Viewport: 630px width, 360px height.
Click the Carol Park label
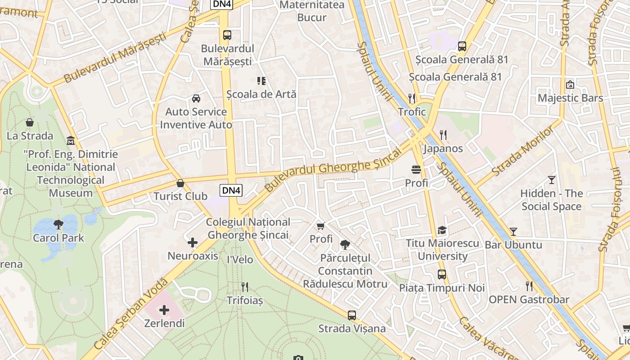point(58,238)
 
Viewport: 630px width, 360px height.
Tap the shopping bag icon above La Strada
point(30,122)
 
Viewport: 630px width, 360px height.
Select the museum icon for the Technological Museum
point(71,141)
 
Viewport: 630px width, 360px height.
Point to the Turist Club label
point(180,196)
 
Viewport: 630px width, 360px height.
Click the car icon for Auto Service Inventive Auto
point(196,99)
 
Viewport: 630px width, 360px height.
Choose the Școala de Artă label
point(261,94)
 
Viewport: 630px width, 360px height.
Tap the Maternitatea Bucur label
point(312,11)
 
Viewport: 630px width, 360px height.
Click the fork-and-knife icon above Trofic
point(412,98)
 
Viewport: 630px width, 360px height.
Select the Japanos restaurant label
point(443,148)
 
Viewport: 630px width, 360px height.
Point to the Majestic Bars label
point(571,98)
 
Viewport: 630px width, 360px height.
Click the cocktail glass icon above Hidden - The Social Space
point(552,180)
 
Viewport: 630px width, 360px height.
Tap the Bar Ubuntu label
point(513,245)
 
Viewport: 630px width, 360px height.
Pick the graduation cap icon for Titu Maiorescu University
point(442,230)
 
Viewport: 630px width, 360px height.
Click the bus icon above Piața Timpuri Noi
point(442,274)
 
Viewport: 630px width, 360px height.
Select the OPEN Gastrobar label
point(529,299)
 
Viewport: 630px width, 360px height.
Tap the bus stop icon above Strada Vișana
point(352,315)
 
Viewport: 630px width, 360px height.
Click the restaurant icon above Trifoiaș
point(245,287)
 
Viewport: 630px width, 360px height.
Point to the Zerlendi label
point(164,323)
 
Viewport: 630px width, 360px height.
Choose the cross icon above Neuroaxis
point(193,243)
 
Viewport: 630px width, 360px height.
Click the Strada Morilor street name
point(523,152)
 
